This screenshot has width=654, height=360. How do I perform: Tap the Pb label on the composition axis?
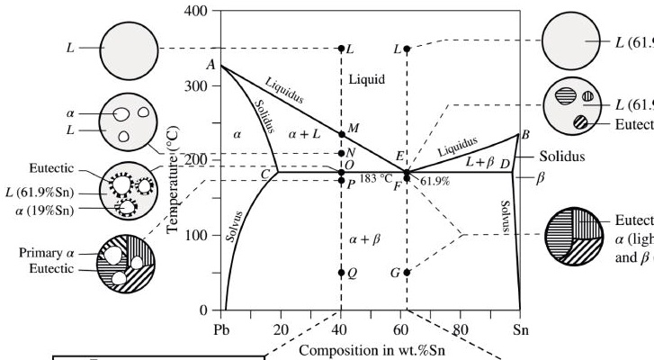(x=223, y=328)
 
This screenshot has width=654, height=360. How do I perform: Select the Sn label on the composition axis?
(x=519, y=328)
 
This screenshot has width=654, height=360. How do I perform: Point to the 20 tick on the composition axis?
(x=282, y=328)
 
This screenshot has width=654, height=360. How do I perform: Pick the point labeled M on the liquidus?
(x=341, y=134)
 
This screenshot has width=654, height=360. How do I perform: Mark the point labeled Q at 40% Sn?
(x=341, y=272)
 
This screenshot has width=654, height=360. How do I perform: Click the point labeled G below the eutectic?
(x=407, y=272)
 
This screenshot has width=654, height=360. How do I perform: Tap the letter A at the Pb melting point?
(x=210, y=65)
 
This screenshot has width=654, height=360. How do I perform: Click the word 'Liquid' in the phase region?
(x=367, y=79)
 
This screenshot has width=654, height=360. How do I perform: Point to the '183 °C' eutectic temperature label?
(x=376, y=178)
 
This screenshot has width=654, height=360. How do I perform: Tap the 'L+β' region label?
(x=481, y=160)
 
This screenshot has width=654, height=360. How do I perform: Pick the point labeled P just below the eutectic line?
(x=341, y=181)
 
